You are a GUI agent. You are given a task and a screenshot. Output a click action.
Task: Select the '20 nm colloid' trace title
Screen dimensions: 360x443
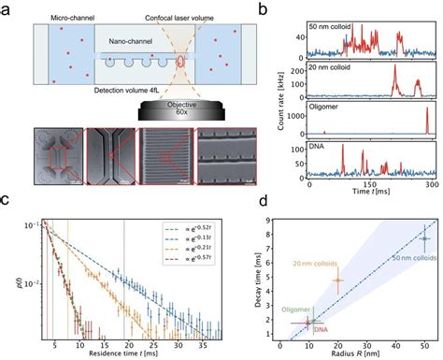(334, 66)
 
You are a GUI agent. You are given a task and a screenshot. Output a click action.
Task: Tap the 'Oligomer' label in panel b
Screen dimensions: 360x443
(327, 109)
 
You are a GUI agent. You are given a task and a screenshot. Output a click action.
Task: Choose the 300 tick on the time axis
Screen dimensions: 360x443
(427, 186)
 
